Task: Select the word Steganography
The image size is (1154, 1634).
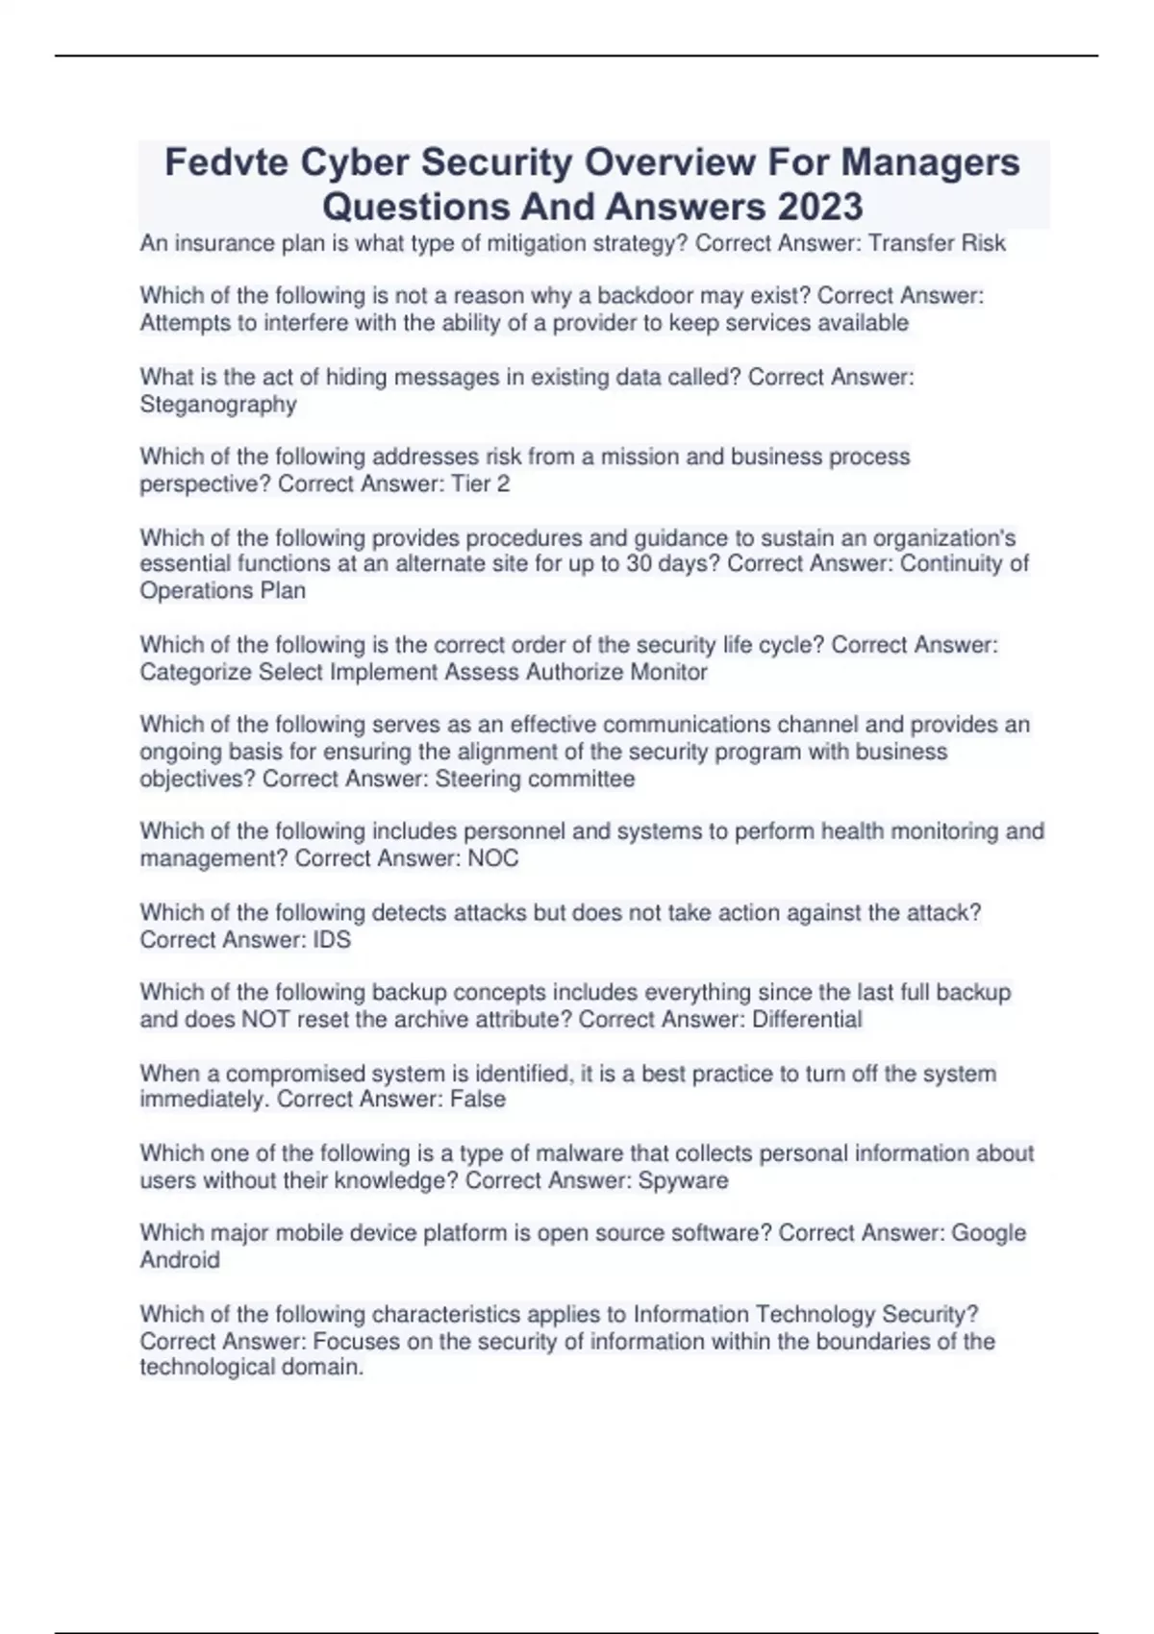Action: click(x=218, y=405)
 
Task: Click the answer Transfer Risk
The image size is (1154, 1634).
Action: click(x=937, y=243)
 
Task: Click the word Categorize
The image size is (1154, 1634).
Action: click(x=195, y=672)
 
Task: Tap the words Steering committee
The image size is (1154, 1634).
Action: click(x=535, y=779)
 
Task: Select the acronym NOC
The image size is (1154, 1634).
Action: click(x=492, y=858)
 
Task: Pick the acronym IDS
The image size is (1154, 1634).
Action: click(x=332, y=939)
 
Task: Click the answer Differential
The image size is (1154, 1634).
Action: click(x=807, y=1019)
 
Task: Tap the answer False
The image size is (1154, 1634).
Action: click(x=477, y=1099)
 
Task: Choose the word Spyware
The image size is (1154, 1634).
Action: click(x=683, y=1180)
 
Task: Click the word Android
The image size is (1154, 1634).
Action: click(x=180, y=1260)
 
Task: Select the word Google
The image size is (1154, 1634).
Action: click(x=989, y=1233)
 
